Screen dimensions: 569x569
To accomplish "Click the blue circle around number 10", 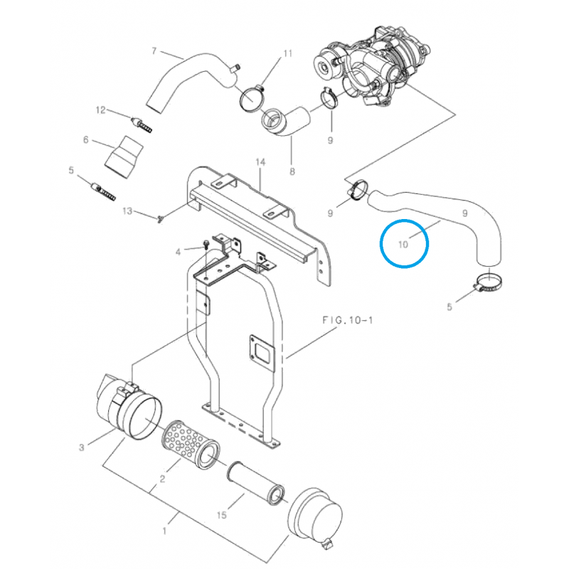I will point(404,243).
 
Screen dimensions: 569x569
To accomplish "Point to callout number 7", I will point(154,50).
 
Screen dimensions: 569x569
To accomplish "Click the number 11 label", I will point(288,54).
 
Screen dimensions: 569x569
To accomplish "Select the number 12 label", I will point(100,110).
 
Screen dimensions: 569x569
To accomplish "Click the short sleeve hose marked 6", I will point(124,156).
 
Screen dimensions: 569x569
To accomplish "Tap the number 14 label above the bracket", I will point(260,163).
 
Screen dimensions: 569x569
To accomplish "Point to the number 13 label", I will point(127,211).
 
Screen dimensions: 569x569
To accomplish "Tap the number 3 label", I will point(82,447).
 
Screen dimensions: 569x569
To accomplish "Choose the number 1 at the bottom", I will point(166,530).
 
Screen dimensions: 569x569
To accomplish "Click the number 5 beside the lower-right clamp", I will point(449,308).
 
